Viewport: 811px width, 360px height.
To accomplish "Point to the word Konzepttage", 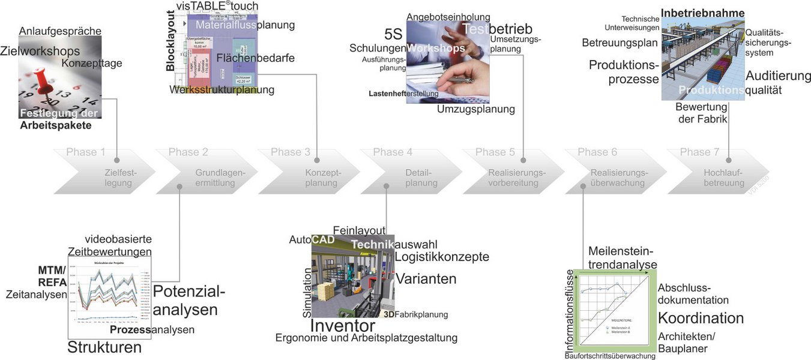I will (92, 63).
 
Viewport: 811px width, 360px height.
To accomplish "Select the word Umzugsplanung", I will (476, 109).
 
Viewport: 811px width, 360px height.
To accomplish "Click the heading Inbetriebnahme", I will (703, 13).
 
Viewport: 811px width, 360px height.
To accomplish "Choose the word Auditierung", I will (778, 76).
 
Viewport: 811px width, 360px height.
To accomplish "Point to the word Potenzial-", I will (189, 292).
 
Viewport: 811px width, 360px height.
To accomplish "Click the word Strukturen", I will (104, 347).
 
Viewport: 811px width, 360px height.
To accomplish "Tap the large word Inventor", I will (342, 326).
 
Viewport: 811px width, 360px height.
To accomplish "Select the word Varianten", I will (426, 279).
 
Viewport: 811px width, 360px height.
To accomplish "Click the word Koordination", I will (701, 318).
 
